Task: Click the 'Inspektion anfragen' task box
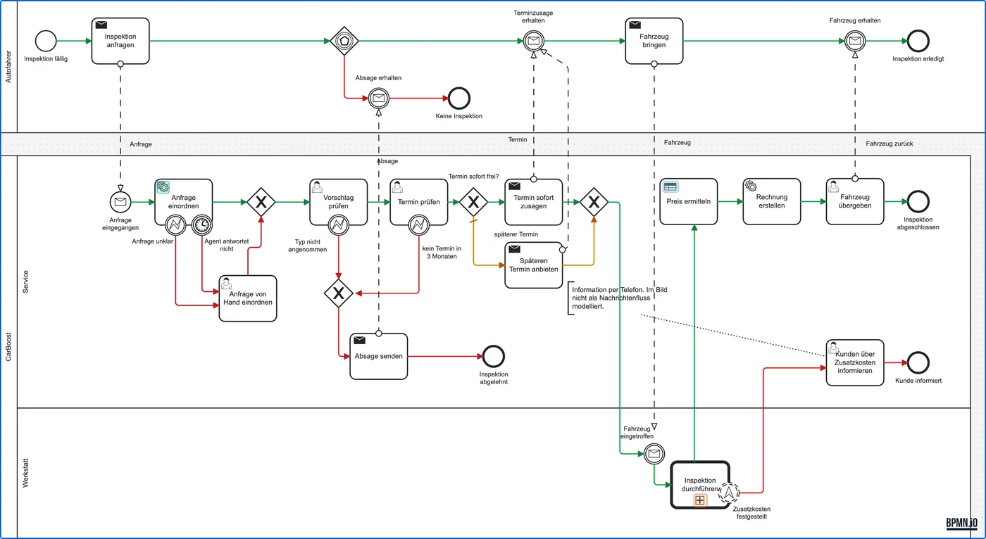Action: click(120, 41)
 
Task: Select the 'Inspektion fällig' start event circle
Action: click(46, 41)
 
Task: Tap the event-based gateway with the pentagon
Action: click(344, 41)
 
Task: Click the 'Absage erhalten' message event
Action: click(379, 98)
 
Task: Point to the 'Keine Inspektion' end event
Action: click(459, 98)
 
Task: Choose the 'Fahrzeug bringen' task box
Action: click(654, 41)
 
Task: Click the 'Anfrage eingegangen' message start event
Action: click(120, 202)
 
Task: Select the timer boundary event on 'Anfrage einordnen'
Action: click(202, 224)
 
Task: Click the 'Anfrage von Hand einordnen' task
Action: click(248, 298)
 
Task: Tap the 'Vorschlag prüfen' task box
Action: click(339, 202)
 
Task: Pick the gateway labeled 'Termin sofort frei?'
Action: click(473, 202)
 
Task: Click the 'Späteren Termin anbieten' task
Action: click(534, 265)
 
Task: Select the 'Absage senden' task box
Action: click(379, 356)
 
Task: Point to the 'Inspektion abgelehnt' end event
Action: click(494, 356)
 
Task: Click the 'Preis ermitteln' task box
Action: click(689, 201)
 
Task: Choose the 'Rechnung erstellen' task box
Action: click(772, 201)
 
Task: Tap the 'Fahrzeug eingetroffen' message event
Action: click(654, 453)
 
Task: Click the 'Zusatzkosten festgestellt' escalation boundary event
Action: click(729, 493)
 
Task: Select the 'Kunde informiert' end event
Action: click(918, 362)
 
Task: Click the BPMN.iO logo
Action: click(962, 524)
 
